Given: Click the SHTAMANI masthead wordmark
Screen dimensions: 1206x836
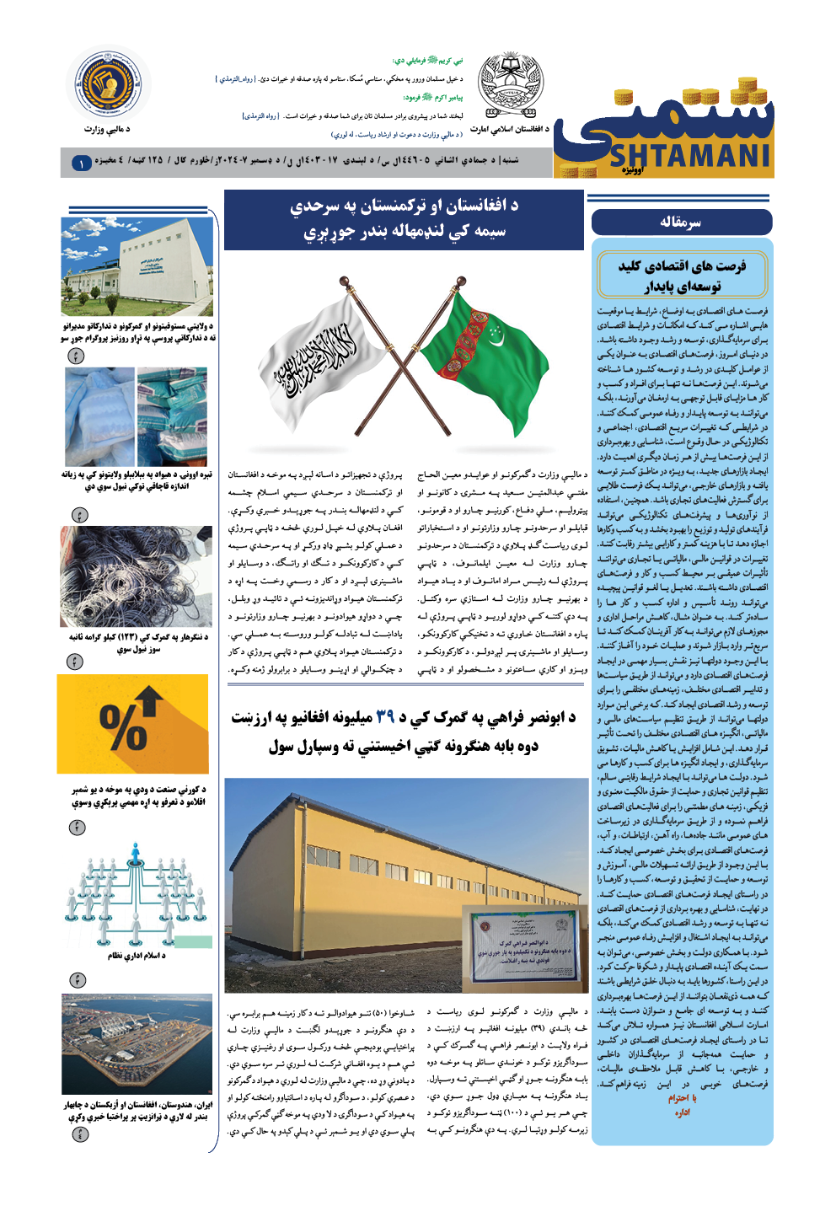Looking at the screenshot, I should (689, 156).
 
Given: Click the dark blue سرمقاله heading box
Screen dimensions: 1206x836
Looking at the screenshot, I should (681, 222).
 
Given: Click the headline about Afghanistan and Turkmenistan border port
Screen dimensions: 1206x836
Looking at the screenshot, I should (404, 219).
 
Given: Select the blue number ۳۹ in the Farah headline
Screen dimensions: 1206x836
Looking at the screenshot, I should (385, 717).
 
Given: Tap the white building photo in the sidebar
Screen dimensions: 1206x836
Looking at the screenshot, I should (137, 266).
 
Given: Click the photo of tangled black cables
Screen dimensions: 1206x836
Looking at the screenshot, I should (137, 577).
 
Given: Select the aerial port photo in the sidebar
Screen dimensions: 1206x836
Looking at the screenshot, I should (137, 1044).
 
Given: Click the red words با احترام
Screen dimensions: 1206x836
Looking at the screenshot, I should (682, 1098).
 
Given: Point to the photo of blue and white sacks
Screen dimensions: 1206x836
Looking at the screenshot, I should (137, 416).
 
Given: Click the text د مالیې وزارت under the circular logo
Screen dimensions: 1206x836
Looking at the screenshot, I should (107, 129).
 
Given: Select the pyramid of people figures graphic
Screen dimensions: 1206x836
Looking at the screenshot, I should (137, 893).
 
